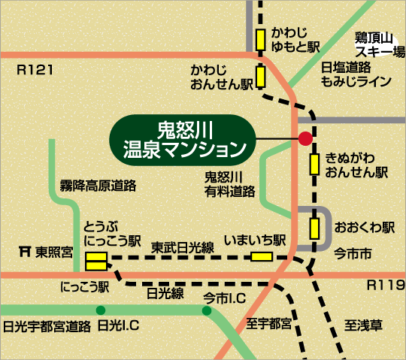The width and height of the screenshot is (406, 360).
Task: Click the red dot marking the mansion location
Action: (305, 138)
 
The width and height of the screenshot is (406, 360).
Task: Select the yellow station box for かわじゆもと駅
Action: (260, 38)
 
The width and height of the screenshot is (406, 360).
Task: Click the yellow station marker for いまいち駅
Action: (262, 257)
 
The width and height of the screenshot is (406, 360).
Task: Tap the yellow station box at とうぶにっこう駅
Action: (95, 262)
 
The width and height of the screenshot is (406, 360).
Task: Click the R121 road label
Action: (35, 70)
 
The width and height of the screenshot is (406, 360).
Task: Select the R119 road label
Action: (382, 286)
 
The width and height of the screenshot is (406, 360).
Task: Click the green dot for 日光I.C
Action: (100, 310)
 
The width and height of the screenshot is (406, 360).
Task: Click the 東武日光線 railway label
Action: (183, 245)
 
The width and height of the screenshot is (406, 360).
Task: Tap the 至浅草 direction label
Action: (364, 325)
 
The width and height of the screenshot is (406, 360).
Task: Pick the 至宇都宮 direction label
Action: (268, 324)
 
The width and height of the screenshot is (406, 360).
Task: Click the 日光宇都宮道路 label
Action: (47, 327)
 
